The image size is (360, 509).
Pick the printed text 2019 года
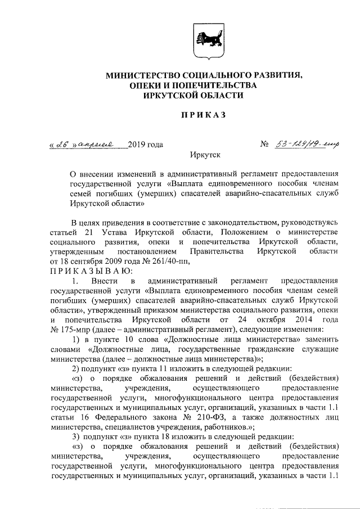[146, 145]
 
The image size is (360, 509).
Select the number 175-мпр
[74, 329]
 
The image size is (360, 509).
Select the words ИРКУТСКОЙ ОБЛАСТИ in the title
[201, 96]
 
